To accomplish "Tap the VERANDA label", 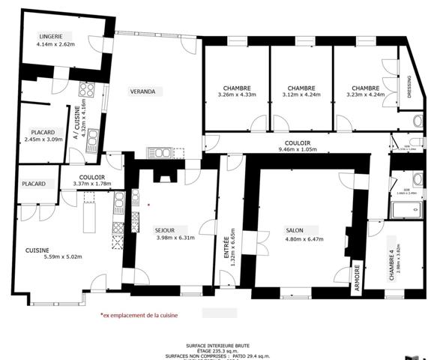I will point(142,91).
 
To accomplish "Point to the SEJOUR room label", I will point(165,229).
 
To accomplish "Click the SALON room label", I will point(295,230).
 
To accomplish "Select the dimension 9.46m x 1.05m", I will point(298,149).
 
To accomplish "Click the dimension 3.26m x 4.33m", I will point(237,94).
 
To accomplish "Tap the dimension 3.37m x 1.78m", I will point(91,184).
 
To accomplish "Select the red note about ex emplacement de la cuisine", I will point(139,316).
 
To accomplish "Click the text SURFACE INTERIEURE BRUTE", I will point(217,346).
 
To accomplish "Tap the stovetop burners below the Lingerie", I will point(85,88).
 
